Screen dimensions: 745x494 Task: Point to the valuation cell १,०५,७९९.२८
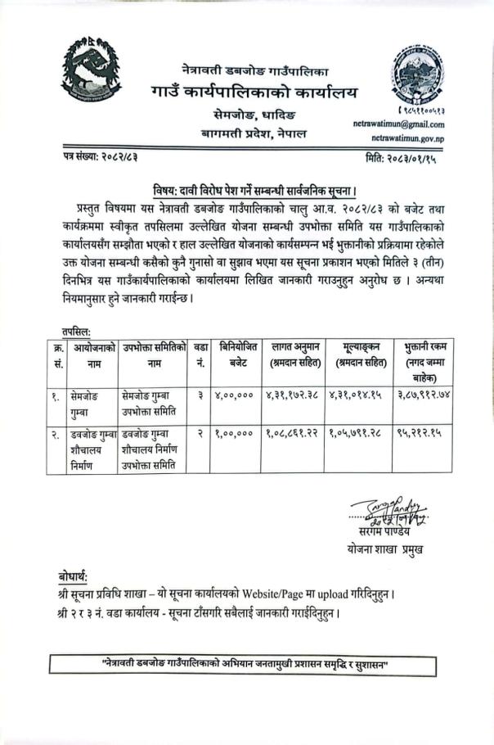358,434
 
